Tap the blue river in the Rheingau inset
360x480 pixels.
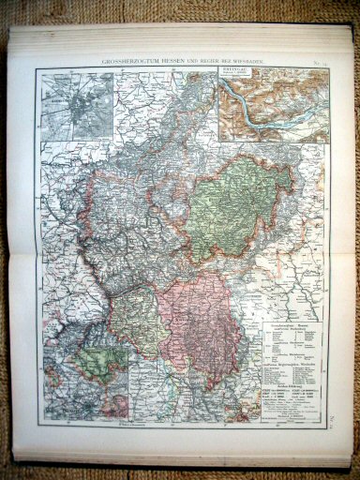272,108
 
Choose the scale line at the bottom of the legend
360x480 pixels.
286,413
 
